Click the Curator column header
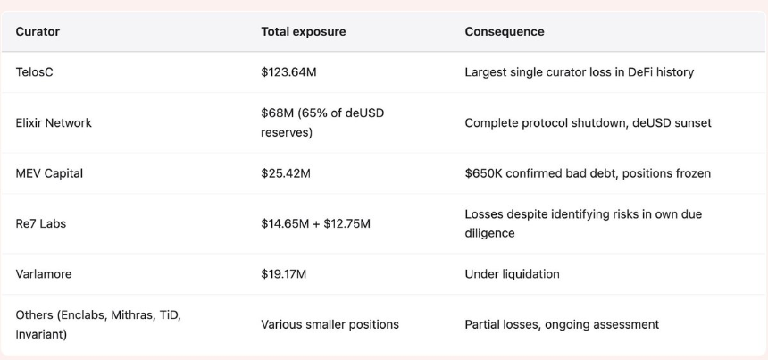click(x=38, y=32)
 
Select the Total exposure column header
click(x=304, y=32)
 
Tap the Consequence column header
click(x=505, y=32)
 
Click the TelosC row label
click(x=34, y=72)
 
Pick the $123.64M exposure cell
click(x=288, y=72)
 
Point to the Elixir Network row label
click(x=54, y=123)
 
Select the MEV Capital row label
click(x=49, y=173)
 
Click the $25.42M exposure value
click(x=286, y=173)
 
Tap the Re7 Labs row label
click(x=41, y=224)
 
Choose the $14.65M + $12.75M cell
click(x=315, y=224)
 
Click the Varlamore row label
click(x=44, y=273)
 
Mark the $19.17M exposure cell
click(x=284, y=273)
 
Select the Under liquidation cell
click(x=512, y=273)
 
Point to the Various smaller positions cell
click(x=330, y=324)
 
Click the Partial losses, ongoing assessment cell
click(x=562, y=324)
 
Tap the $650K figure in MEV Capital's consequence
click(x=483, y=173)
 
